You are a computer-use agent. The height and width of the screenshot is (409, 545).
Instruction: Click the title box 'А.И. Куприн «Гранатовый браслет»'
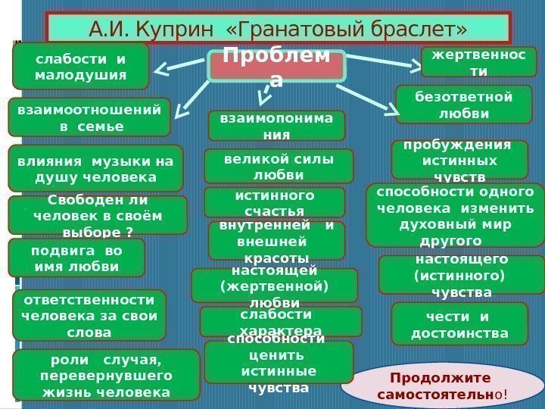pos(279,30)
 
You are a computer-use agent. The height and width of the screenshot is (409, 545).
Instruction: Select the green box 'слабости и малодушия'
pos(81,66)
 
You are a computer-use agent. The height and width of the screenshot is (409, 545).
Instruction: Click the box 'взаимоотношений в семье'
pos(89,117)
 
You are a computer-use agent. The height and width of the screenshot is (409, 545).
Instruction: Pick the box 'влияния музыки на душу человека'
pos(95,168)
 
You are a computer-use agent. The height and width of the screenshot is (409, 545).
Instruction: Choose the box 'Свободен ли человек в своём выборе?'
pos(98,215)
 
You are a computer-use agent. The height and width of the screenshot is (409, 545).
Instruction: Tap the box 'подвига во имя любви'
pos(76,258)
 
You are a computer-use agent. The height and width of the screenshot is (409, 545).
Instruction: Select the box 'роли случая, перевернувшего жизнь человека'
pos(105,375)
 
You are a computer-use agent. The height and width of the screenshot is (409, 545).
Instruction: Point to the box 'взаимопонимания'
pos(276,126)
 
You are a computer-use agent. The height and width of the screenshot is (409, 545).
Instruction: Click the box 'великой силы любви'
pos(279,166)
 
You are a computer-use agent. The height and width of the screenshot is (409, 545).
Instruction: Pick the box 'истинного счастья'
pos(274,202)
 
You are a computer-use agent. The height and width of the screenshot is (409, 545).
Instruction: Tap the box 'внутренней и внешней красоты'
pos(276,240)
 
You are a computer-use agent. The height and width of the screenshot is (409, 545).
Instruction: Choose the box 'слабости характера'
pos(280,322)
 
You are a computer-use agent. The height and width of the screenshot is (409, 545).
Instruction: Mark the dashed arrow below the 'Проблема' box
pos(265,95)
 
